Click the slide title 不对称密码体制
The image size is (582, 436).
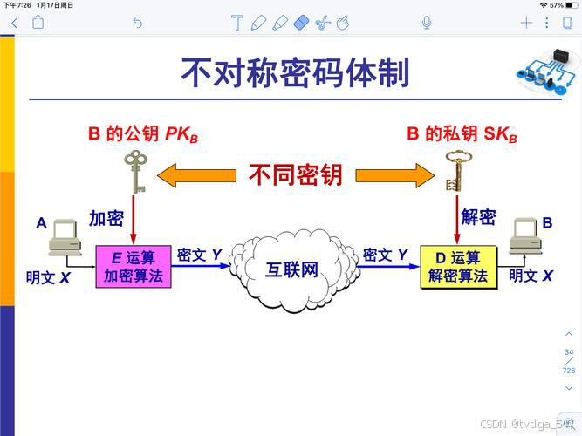[295, 73]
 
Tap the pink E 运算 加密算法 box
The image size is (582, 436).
[134, 267]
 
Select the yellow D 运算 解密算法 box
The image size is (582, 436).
[458, 267]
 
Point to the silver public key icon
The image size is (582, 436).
[134, 170]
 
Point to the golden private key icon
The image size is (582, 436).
[453, 171]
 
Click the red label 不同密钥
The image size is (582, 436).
[295, 174]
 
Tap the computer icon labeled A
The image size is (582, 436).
[65, 236]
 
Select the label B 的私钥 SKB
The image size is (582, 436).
[462, 135]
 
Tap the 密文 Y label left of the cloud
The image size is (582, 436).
[199, 255]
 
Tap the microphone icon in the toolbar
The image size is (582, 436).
[427, 23]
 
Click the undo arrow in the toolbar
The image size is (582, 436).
[137, 23]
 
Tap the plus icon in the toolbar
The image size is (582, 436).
[526, 23]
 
